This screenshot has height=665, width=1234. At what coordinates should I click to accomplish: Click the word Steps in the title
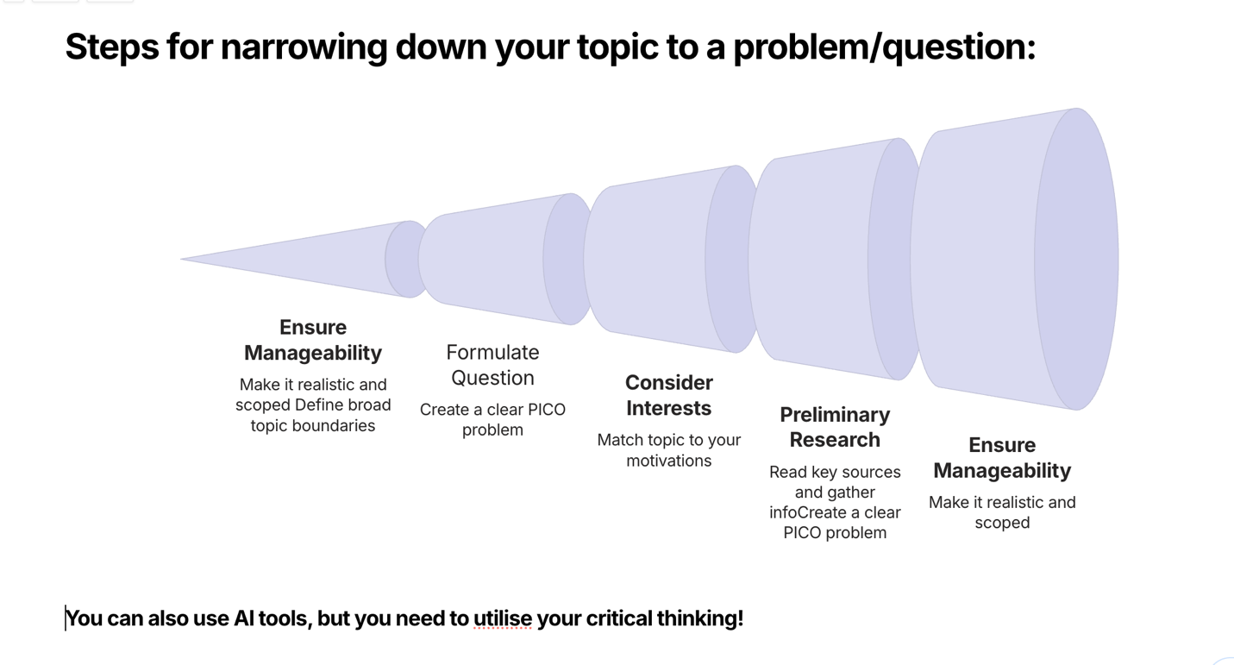coord(112,48)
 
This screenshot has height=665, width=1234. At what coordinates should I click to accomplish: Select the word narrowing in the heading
coord(304,48)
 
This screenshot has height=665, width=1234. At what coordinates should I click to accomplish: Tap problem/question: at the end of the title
coord(885,48)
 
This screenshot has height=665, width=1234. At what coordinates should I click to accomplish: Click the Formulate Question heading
coord(492,365)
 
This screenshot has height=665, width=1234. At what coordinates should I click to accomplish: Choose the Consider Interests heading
coord(669,395)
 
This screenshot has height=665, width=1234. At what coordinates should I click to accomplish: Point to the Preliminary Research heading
coord(835,427)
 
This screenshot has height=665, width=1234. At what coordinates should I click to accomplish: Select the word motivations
coord(669,461)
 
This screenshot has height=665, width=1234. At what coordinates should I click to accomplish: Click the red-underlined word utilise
coord(503,618)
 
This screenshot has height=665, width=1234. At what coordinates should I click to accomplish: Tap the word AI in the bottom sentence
coord(243,618)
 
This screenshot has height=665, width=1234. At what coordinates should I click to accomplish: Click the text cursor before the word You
coord(66,618)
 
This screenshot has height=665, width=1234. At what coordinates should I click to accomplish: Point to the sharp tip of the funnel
coord(181,259)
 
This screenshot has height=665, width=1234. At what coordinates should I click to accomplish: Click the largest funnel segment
coord(1013,259)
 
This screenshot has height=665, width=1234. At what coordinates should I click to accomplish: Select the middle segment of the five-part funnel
coord(670,259)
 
